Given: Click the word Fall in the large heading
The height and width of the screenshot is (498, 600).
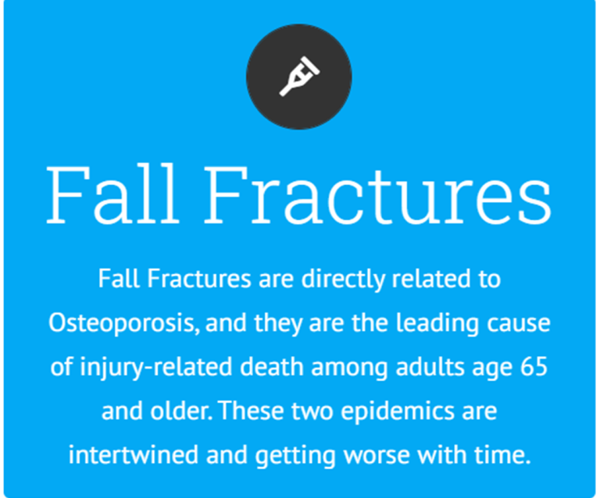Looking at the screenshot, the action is tap(112, 194).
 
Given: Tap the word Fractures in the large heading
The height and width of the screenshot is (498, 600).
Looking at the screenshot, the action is tap(377, 194).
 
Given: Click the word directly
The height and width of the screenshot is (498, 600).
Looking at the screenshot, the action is tap(342, 279).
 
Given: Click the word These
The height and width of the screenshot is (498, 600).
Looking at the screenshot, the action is tap(252, 411).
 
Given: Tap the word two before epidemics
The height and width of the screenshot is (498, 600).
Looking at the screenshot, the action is tap(312, 411).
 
